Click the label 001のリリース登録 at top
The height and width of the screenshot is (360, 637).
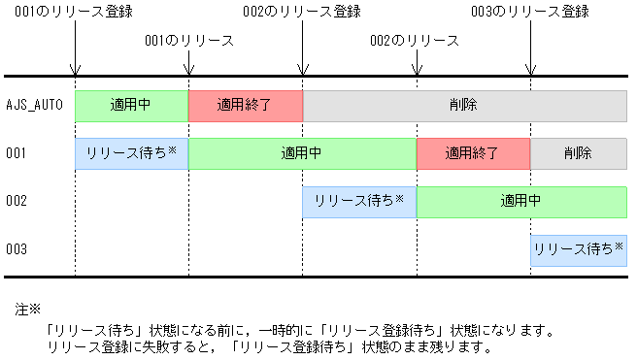[x=75, y=12]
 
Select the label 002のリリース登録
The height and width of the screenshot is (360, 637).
[x=302, y=12]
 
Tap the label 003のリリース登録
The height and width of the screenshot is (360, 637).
[x=530, y=12]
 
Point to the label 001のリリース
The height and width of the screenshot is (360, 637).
[x=188, y=42]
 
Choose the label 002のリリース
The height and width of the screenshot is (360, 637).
[x=415, y=42]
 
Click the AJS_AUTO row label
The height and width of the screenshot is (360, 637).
[x=34, y=105]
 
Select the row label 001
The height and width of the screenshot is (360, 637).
[x=16, y=153]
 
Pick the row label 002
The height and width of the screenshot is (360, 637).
[x=16, y=202]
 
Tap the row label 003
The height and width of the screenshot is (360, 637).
[x=16, y=250]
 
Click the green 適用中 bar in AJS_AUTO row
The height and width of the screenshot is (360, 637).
[x=132, y=105]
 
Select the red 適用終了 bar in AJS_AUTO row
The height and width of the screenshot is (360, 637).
[x=246, y=105]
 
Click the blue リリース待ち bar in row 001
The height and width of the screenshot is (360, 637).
[x=132, y=153]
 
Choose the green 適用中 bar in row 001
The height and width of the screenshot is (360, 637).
[x=302, y=153]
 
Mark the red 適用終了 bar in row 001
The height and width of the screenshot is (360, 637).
[x=473, y=153]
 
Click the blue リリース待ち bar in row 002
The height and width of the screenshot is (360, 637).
[x=359, y=202]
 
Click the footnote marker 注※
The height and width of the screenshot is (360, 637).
[x=27, y=311]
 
